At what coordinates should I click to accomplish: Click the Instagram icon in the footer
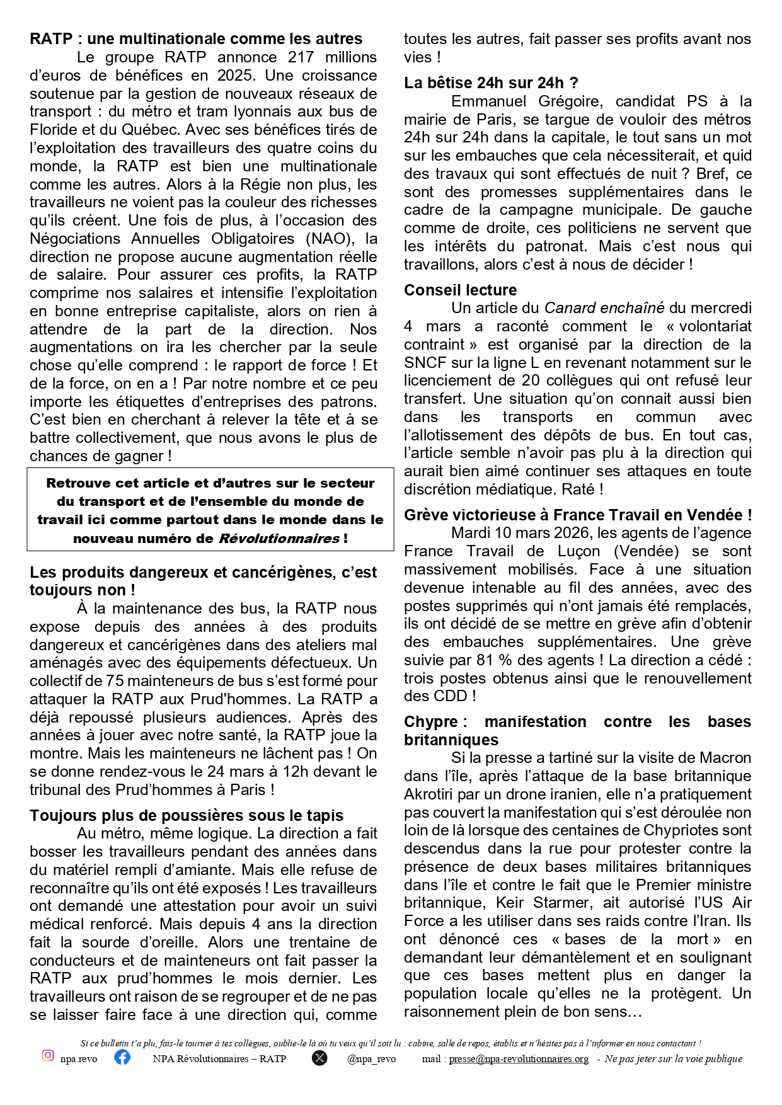(48, 1055)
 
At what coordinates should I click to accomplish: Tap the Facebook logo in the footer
(122, 1056)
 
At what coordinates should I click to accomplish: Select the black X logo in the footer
(319, 1058)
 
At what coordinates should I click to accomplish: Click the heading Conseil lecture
(460, 290)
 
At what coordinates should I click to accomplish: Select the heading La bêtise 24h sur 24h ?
(491, 83)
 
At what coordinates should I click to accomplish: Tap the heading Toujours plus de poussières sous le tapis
(187, 815)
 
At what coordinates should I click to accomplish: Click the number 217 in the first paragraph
(301, 57)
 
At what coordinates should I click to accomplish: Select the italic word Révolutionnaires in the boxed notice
(279, 539)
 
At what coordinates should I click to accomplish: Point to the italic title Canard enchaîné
(604, 308)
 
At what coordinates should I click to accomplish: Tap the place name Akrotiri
(434, 794)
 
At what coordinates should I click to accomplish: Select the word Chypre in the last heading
(431, 722)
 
